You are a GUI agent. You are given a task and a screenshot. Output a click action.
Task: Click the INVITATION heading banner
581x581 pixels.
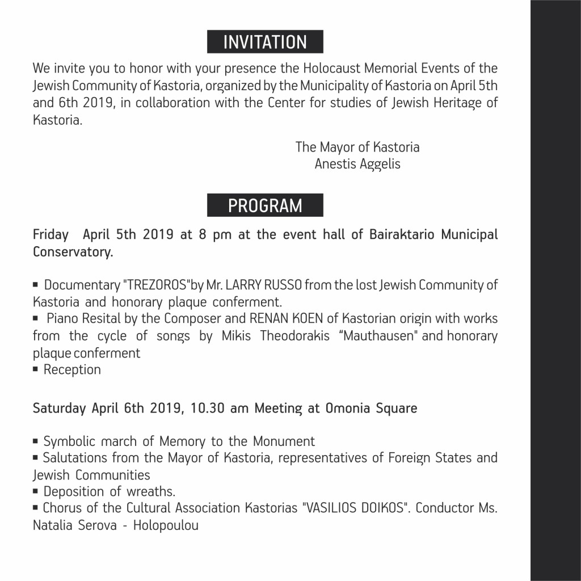(265, 42)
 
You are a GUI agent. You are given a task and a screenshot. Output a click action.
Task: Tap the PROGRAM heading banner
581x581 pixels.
(265, 205)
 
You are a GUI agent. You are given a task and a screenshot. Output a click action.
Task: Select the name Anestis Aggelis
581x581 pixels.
(357, 164)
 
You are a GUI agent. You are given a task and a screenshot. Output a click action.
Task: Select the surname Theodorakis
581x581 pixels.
(295, 336)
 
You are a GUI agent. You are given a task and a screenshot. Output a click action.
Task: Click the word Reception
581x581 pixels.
(72, 370)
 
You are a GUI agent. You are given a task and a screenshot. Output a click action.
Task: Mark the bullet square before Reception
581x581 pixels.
(36, 370)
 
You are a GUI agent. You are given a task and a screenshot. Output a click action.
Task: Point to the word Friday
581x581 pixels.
(50, 235)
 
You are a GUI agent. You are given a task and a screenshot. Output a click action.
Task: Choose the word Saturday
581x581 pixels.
(59, 409)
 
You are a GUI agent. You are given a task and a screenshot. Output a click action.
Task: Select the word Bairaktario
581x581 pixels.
(402, 235)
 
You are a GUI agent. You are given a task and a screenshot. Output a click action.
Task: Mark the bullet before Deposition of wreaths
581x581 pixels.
(36, 491)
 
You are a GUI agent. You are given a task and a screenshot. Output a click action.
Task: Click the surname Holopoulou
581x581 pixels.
(166, 525)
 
